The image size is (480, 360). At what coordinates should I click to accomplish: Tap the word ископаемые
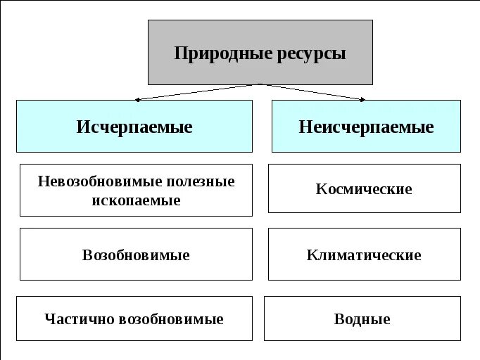coord(136,200)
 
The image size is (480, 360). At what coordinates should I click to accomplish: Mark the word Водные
coord(362,319)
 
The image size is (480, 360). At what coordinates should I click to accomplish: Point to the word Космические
coord(364,189)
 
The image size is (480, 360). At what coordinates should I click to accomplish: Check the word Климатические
coord(364,255)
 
